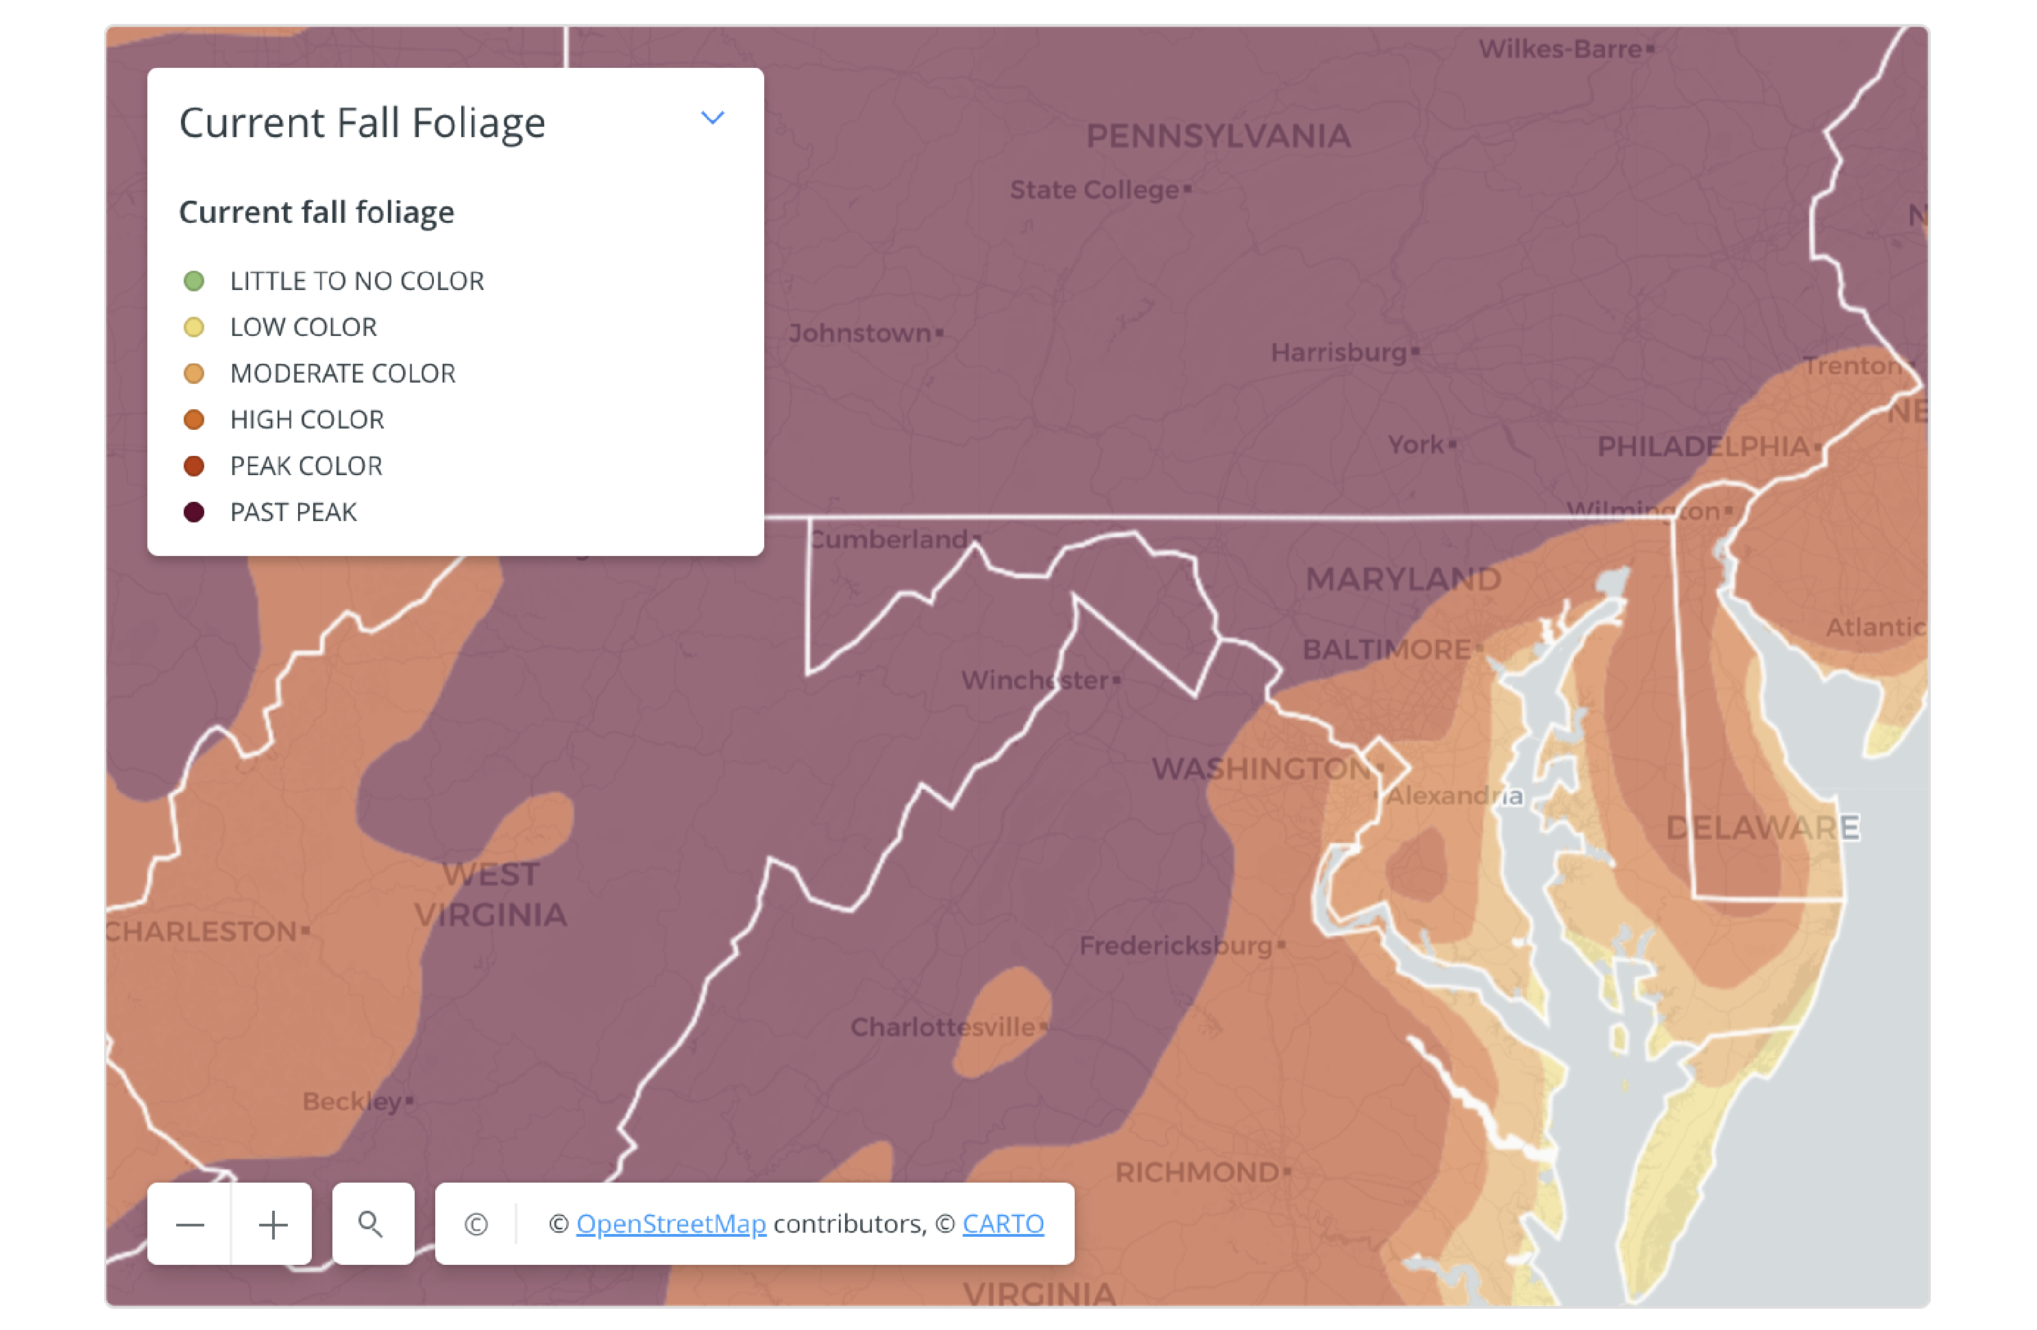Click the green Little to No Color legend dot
click(194, 280)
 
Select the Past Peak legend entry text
click(293, 512)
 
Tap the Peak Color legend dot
click(194, 465)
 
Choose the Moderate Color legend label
click(342, 373)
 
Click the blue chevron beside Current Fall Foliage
click(712, 118)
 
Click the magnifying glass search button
click(371, 1223)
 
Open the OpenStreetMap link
click(671, 1223)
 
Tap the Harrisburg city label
click(1339, 352)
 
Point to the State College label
click(1095, 189)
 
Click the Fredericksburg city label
click(1176, 945)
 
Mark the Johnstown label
click(860, 333)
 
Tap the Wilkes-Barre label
click(1560, 49)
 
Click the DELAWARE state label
click(1762, 827)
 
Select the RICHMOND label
click(1197, 1172)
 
